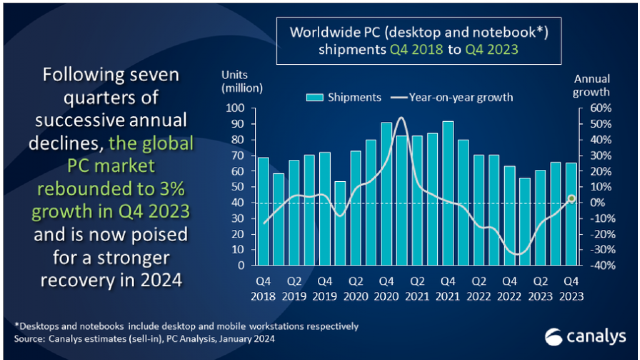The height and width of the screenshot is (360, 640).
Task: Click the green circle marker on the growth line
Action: tap(572, 199)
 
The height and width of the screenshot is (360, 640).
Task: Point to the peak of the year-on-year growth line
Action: tap(402, 118)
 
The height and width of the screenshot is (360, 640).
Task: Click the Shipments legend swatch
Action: tap(315, 97)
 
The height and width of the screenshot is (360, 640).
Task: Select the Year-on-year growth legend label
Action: tap(461, 97)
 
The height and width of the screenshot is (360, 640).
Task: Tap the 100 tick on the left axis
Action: tap(236, 108)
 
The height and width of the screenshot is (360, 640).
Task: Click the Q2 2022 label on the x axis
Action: tap(479, 289)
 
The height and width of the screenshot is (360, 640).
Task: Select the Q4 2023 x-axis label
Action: tap(571, 289)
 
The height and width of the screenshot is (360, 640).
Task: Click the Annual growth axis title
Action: tap(592, 85)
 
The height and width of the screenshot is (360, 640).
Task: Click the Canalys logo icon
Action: tap(554, 337)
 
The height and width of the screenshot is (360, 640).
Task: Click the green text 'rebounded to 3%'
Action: tap(111, 188)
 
